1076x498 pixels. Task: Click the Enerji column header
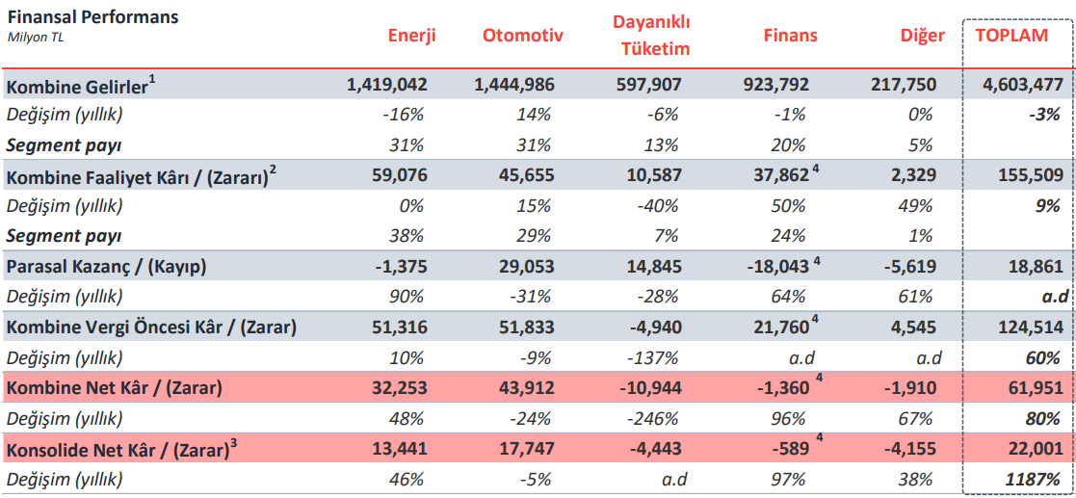pos(411,36)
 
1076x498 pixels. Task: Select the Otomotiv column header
pos(522,36)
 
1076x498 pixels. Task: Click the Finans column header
pos(790,36)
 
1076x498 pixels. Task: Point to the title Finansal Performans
pos(92,17)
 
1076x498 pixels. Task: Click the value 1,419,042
pos(387,85)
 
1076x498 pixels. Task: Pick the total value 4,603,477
pos(1023,85)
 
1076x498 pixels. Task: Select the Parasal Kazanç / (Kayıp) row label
pos(106,266)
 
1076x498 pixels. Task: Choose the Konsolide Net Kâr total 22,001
pos(1032,448)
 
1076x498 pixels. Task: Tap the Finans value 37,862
pos(775,175)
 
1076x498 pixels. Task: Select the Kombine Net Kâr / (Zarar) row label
pos(115,388)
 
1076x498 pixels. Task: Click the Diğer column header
pos(923,36)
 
